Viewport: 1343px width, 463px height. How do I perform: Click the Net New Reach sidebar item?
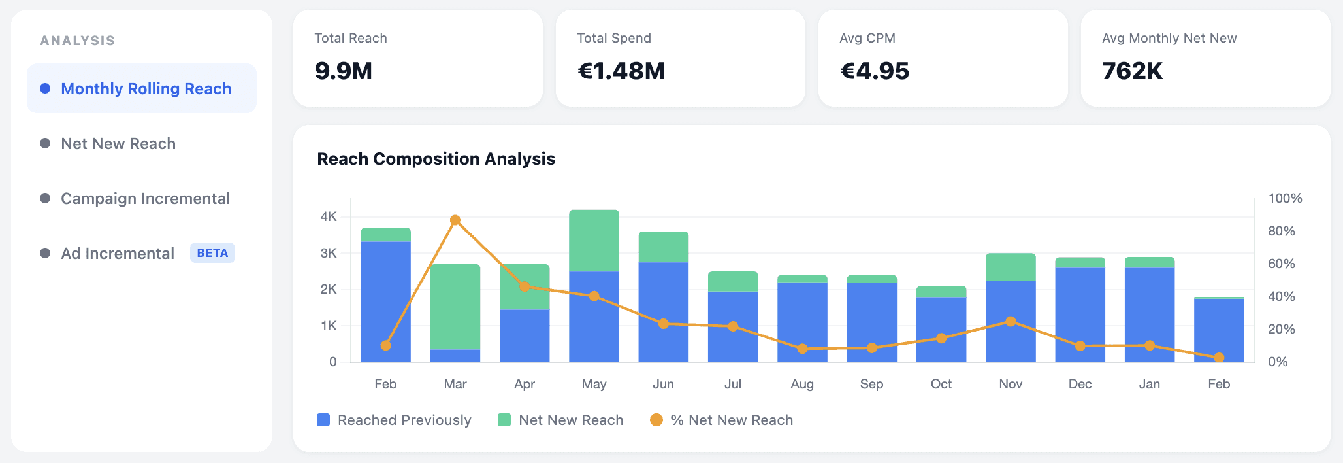tap(118, 144)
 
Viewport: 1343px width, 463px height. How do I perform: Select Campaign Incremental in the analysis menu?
tap(145, 199)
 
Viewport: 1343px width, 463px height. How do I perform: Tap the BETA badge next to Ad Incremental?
tap(212, 253)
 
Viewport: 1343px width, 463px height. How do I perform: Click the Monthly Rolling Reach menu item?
tap(146, 89)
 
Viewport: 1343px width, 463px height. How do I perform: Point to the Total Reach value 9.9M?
tap(344, 71)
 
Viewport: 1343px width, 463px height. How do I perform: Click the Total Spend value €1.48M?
tap(621, 71)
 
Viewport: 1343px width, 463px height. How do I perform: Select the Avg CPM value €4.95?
tap(875, 71)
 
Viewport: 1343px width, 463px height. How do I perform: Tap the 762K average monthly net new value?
tap(1133, 71)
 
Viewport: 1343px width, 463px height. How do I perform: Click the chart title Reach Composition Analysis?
tap(436, 159)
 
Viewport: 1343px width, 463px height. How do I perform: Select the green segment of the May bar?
tap(594, 241)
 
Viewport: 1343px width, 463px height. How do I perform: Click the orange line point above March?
tap(455, 220)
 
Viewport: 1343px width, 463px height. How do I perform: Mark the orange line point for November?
tap(1011, 322)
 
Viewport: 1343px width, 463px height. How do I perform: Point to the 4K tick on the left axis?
tap(329, 216)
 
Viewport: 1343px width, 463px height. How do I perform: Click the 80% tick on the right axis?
tap(1281, 231)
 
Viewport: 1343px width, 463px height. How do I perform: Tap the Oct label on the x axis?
tap(941, 384)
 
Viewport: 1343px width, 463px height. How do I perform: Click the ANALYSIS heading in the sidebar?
tap(78, 41)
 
